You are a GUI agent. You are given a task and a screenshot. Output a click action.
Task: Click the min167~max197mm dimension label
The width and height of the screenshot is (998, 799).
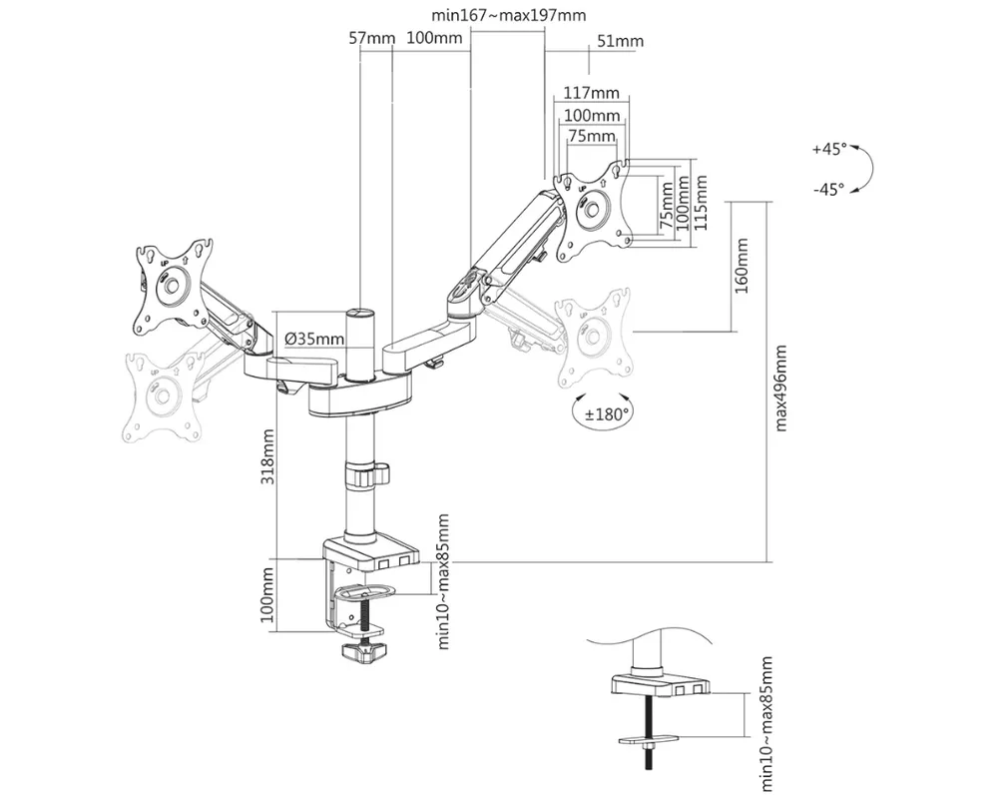pyautogui.click(x=509, y=15)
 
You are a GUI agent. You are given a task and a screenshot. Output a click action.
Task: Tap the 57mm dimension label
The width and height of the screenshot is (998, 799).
pyautogui.click(x=371, y=38)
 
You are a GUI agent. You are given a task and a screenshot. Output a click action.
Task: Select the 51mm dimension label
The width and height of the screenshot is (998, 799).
pyautogui.click(x=621, y=41)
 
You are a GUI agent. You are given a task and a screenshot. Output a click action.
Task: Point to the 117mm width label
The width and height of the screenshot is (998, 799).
pyautogui.click(x=591, y=93)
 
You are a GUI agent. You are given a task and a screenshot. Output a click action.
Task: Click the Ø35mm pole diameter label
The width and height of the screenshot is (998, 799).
pyautogui.click(x=314, y=339)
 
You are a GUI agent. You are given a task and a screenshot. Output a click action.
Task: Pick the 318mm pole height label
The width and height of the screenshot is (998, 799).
pyautogui.click(x=267, y=456)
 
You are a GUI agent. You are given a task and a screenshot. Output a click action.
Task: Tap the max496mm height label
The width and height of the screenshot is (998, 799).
pyautogui.click(x=780, y=389)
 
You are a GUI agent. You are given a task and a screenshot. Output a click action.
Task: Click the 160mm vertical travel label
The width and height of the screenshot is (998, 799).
pyautogui.click(x=742, y=266)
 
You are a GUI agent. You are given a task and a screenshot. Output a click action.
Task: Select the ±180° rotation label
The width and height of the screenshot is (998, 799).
pyautogui.click(x=607, y=414)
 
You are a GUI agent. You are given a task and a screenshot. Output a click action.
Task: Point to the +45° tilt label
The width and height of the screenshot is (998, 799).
pyautogui.click(x=829, y=149)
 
